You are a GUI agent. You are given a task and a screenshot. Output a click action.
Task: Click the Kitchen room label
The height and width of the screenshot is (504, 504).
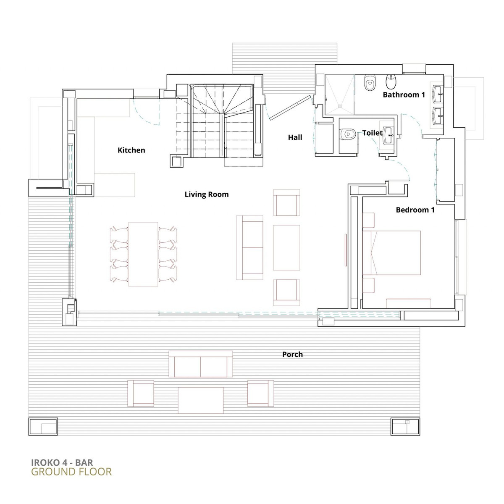pos(131,150)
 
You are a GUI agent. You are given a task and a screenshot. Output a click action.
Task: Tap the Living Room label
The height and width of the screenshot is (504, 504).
pos(206,194)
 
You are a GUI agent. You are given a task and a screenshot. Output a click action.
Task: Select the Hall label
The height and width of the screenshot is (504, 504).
pos(295,137)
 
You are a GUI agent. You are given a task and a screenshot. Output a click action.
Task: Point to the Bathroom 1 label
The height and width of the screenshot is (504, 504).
pos(404,95)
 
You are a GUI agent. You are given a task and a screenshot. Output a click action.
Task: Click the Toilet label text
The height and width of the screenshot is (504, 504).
pos(372,133)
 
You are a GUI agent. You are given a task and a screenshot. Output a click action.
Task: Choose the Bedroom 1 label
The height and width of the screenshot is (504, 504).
pos(415,210)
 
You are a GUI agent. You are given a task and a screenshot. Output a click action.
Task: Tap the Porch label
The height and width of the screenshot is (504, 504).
pos(292,354)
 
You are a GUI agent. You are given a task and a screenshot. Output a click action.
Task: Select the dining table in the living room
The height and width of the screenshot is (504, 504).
pos(143,254)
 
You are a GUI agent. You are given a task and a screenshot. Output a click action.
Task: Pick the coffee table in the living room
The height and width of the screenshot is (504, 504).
pos(286,248)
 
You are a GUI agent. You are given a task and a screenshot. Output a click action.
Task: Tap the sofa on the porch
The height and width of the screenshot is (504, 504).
pos(201,364)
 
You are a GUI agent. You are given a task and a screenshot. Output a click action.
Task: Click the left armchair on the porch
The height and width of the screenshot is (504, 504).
pos(141,393)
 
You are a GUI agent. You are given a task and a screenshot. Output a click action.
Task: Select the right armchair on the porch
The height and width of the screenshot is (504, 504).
pos(260,393)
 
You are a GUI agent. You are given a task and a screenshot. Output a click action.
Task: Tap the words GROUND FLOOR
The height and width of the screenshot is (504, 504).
pos(71,472)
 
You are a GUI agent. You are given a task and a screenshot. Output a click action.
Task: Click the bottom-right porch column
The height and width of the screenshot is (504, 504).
pos(405,427)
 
